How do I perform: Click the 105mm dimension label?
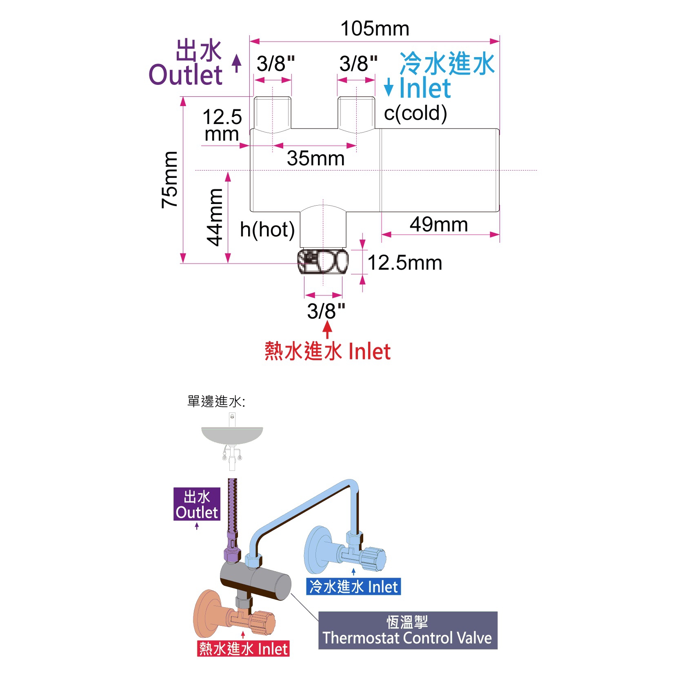tap(375, 29)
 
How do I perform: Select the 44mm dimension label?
tap(214, 217)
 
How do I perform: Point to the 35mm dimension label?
tap(315, 158)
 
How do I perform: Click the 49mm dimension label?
tap(439, 224)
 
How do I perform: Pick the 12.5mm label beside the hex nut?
tap(405, 263)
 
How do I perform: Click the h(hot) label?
tap(267, 230)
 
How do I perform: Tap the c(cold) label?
tap(415, 113)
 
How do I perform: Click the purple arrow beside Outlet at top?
tap(237, 63)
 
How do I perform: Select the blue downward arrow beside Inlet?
tap(389, 87)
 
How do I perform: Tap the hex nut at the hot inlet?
tap(323, 262)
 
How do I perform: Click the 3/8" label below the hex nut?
tap(326, 311)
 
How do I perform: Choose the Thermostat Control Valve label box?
tap(407, 630)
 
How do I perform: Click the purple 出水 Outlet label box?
tap(197, 504)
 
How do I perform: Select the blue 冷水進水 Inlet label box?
tap(353, 587)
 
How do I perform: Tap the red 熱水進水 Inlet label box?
tap(243, 648)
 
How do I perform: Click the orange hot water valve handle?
tap(263, 622)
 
